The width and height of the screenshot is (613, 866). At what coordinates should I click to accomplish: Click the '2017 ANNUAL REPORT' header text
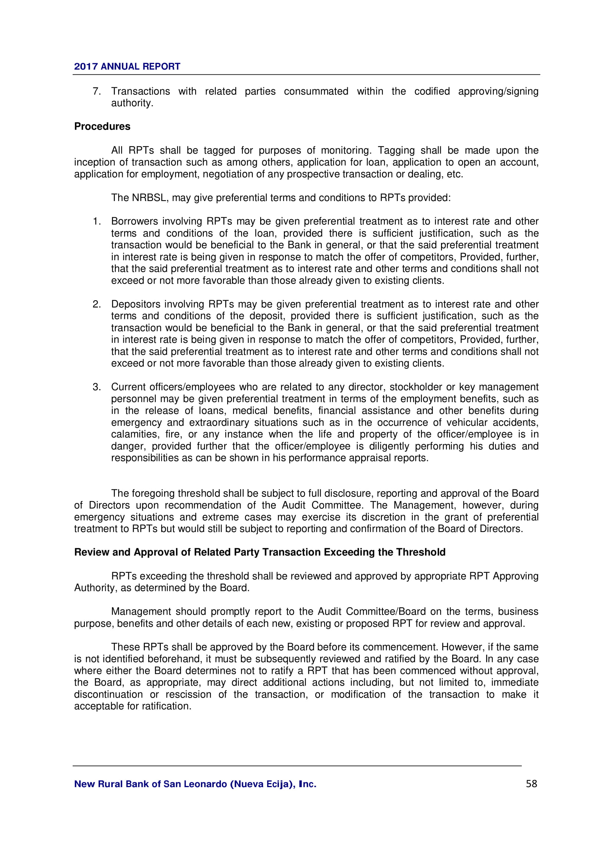point(127,66)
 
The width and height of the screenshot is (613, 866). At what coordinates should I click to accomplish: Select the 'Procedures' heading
point(102,126)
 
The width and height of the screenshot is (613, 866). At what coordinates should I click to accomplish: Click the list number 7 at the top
point(96,91)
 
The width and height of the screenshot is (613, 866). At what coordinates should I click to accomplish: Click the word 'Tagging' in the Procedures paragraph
point(396,150)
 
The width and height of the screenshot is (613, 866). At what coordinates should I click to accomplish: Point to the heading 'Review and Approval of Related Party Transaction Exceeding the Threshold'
point(260,552)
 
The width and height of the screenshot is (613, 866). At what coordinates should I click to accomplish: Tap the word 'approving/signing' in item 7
point(498,91)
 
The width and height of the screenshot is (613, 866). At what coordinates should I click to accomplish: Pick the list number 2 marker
point(96,304)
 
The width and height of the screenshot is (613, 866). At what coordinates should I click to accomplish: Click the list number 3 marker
point(96,387)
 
